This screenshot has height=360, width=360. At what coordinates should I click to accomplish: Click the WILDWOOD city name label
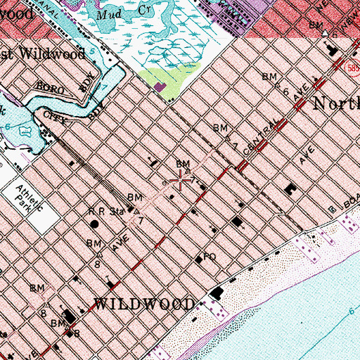coord(144,304)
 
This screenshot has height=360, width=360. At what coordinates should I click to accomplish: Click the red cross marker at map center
coord(180,181)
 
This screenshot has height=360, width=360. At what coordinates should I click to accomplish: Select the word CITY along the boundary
coord(55,113)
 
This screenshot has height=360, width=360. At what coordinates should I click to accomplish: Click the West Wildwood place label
coord(42,53)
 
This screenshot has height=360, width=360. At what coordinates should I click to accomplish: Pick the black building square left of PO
coord(198,259)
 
